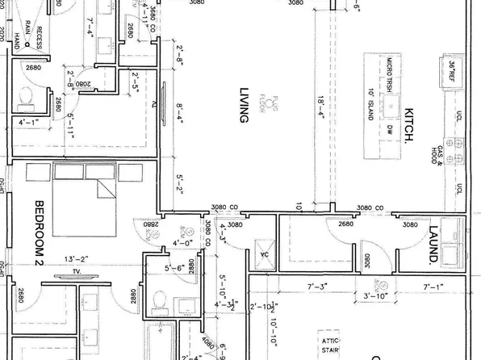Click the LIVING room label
click(x=241, y=104)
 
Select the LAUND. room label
click(x=433, y=244)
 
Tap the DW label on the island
click(x=389, y=128)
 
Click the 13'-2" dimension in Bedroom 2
click(x=75, y=259)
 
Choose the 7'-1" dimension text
click(x=435, y=287)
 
